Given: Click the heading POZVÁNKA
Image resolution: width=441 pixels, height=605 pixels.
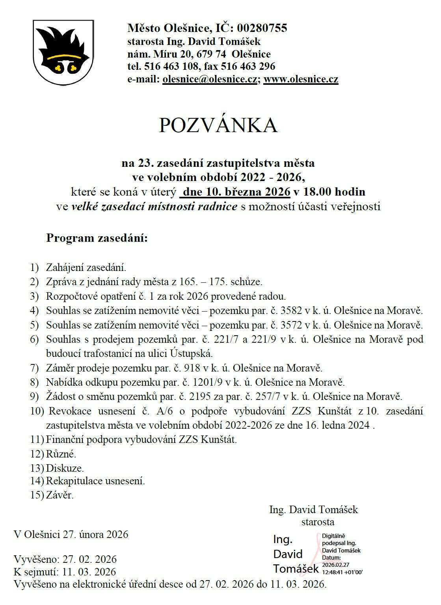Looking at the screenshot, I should pyautogui.click(x=218, y=125).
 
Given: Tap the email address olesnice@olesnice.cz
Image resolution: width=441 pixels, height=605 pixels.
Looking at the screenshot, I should pyautogui.click(x=210, y=79).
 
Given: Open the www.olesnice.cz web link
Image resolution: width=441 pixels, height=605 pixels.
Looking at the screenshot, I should pyautogui.click(x=301, y=79).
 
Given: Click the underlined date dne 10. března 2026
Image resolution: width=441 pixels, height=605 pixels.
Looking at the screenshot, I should pyautogui.click(x=235, y=192).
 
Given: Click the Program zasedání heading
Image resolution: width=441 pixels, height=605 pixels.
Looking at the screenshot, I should pyautogui.click(x=97, y=238).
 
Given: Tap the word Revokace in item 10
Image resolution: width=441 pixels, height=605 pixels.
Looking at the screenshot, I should pyautogui.click(x=70, y=411).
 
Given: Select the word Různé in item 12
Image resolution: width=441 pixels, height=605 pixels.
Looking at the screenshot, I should pyautogui.click(x=61, y=454).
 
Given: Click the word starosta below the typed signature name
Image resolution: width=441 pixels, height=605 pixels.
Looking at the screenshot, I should pyautogui.click(x=318, y=522).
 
